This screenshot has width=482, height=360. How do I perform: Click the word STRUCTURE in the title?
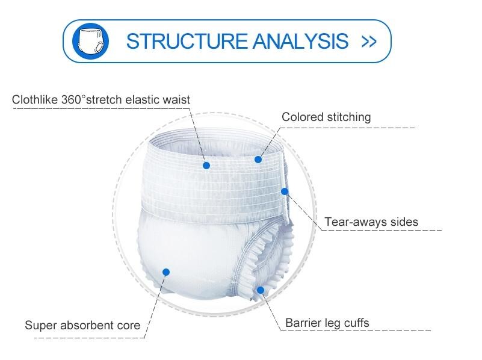187,41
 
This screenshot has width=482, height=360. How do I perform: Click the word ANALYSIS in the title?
301,41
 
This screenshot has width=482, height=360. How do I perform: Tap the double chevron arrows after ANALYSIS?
369,42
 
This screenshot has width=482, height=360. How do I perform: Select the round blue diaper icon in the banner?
90,41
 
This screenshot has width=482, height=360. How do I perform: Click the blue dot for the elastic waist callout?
206,166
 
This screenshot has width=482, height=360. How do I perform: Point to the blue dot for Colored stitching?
258,160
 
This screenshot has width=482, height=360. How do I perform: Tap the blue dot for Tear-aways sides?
285,191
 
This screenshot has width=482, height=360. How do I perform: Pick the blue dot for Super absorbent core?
166,272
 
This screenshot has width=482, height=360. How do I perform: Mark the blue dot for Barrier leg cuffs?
261,290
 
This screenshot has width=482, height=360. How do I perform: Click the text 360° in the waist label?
72,99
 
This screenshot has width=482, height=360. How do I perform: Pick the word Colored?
303,117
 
